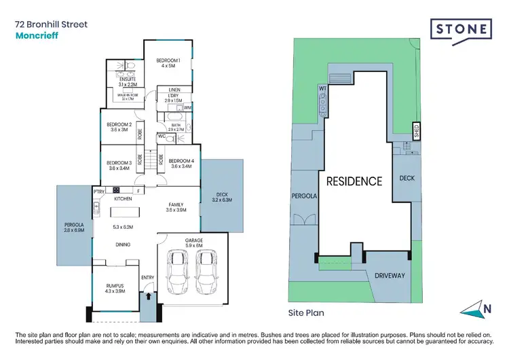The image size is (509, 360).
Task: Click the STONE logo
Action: pos(461,30)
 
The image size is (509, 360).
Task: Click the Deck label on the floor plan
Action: pos(222,198)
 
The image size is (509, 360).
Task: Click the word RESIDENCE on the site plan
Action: pos(354,181)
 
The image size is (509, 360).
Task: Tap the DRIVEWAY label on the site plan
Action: pos(389,276)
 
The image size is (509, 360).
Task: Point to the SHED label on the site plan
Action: pos(416,129)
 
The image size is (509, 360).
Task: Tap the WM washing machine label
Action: pos(187,108)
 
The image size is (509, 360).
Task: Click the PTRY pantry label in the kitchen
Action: pos(98,192)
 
